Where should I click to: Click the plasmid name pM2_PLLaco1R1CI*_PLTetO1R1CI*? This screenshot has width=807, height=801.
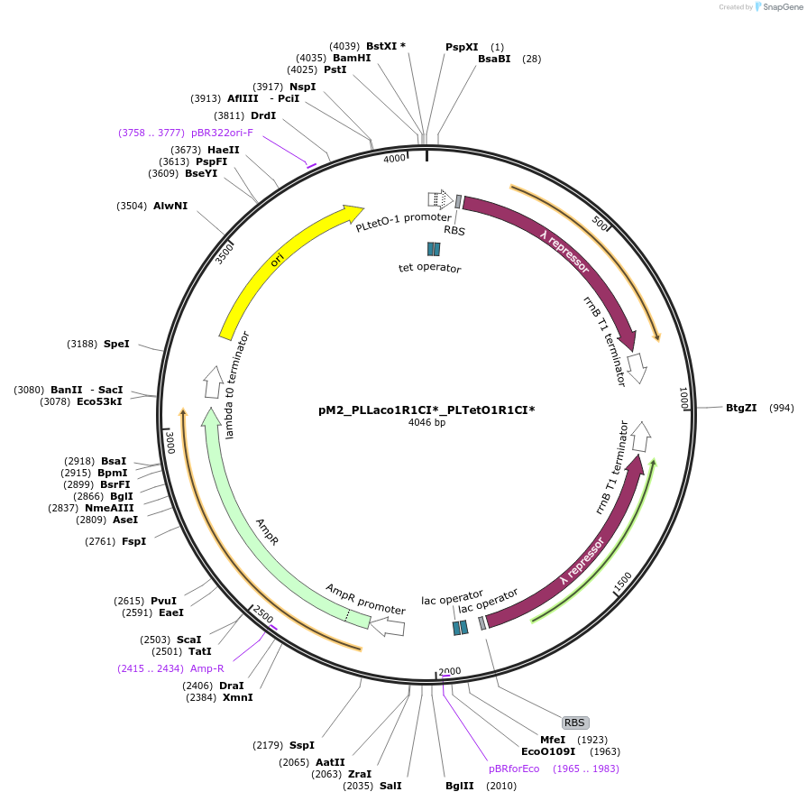[x=426, y=410]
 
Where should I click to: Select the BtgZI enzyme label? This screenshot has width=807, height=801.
[x=740, y=408]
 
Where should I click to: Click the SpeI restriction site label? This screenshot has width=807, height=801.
[x=116, y=344]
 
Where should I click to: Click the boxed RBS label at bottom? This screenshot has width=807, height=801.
[x=574, y=723]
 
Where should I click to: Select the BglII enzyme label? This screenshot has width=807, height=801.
[x=459, y=786]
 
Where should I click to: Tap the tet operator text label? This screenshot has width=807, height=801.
[x=430, y=268]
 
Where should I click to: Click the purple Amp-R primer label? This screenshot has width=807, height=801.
[x=206, y=668]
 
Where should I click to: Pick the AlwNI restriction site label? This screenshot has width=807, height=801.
[x=170, y=206]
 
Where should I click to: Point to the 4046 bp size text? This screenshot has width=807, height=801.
[x=426, y=422]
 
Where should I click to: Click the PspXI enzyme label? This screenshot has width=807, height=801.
[x=462, y=47]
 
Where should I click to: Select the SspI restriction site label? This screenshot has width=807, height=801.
[x=302, y=745]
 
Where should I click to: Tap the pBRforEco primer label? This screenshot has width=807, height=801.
[x=514, y=769]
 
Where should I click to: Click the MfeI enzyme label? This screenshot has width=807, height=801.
[x=553, y=739]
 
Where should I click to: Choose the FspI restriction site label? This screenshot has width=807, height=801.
[x=133, y=541]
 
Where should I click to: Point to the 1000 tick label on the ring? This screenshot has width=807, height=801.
[x=683, y=397]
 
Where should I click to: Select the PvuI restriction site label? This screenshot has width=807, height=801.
[x=163, y=601]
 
